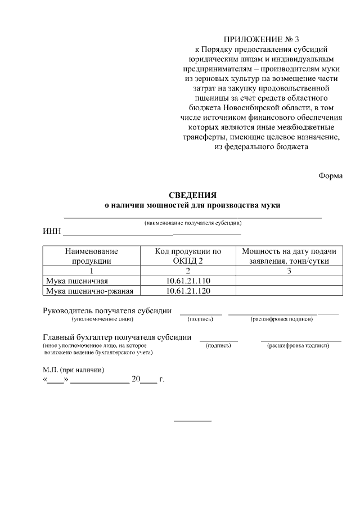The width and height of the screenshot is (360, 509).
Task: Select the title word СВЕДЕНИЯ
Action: [192, 195]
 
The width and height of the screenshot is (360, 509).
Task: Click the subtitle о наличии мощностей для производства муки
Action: [192, 205]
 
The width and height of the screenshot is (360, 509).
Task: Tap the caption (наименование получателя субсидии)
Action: [192, 223]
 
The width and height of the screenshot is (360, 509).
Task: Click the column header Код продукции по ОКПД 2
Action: [188, 255]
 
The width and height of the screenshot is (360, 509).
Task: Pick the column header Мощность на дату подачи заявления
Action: [289, 255]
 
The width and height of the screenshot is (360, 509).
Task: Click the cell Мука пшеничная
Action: [76, 281]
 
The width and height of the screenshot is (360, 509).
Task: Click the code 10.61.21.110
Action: [188, 281]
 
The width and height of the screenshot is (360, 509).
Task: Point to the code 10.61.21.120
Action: [188, 291]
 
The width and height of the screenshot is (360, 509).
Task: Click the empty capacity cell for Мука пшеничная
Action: [289, 281]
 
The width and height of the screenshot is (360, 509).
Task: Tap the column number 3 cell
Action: [289, 271]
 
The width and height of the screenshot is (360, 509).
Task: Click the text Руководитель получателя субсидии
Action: [107, 311]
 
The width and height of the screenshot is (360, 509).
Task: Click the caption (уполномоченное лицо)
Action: [102, 319]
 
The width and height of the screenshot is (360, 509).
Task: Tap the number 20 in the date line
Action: [135, 380]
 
